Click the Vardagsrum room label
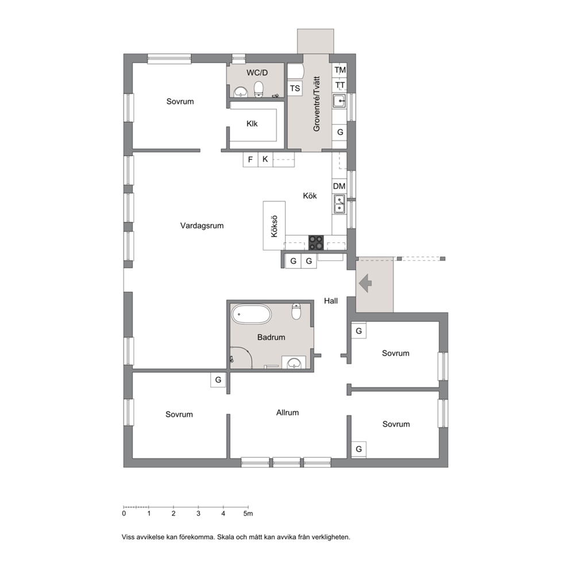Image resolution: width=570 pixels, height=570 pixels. click(x=202, y=226)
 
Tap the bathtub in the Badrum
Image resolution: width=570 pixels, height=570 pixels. click(x=252, y=314)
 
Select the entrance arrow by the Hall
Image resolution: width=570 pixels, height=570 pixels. click(x=365, y=283)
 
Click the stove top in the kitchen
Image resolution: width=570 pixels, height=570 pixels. click(x=316, y=242)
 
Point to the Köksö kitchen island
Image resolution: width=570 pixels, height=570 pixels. click(x=274, y=226)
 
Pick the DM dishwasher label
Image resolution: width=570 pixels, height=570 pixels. click(x=339, y=187)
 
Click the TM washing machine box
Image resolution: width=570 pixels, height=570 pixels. click(x=340, y=70)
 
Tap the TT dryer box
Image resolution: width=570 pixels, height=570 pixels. click(x=340, y=85)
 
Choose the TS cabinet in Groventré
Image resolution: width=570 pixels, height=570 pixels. click(x=295, y=88)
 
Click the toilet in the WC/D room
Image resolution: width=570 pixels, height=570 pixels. click(x=259, y=89)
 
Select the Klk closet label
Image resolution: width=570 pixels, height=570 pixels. click(x=252, y=124)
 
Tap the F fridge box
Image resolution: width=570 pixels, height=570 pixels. click(x=251, y=159)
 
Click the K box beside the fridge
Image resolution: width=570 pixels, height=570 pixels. click(x=265, y=159)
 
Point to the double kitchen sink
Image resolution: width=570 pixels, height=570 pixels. click(x=340, y=205)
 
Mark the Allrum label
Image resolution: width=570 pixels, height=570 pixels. click(x=287, y=413)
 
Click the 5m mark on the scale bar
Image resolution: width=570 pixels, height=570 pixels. click(x=248, y=507)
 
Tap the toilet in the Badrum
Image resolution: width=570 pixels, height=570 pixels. click(x=296, y=311)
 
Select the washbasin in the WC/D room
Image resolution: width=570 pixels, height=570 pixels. click(x=240, y=93)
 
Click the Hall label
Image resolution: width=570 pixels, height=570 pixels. click(x=331, y=301)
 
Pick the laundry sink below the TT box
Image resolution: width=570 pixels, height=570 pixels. click(x=340, y=101)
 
